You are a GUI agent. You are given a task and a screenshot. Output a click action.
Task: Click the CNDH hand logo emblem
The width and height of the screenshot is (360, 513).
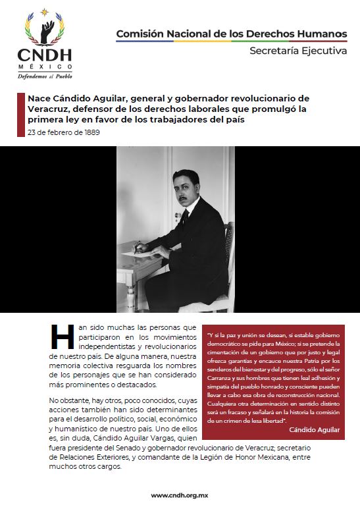click(45, 28)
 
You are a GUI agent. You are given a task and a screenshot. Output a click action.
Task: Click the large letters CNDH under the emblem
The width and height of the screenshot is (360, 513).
click(45, 55)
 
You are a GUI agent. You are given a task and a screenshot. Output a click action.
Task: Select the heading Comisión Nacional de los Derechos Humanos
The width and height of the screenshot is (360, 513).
click(232, 33)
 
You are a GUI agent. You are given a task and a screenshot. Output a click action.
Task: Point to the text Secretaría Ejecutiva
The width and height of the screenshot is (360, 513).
click(297, 51)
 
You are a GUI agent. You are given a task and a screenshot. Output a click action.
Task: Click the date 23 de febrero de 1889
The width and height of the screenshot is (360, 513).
click(64, 132)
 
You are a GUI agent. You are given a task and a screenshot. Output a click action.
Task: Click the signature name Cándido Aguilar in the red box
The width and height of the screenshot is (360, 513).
click(315, 430)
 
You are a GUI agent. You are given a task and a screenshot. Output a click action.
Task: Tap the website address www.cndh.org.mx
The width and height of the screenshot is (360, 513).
click(180, 495)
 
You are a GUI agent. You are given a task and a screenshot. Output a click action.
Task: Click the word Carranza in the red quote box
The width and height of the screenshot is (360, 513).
click(223, 379)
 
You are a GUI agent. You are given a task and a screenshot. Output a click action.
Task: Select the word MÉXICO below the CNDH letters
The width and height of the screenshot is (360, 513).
click(45, 67)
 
